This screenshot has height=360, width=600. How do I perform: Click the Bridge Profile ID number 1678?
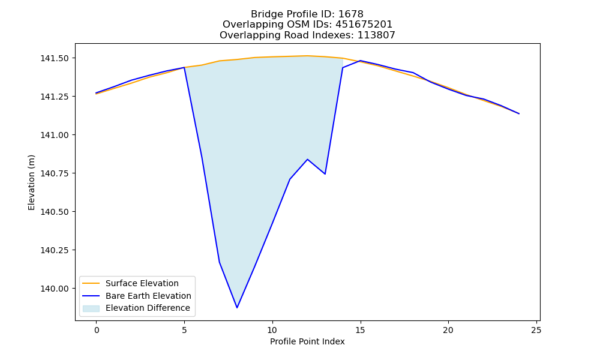(x=351, y=14)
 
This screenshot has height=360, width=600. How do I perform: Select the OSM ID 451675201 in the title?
(x=364, y=25)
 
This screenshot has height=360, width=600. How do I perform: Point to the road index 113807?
(x=376, y=35)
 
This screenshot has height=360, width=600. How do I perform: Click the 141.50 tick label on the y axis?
(x=55, y=58)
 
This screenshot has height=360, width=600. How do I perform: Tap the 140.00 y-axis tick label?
(x=55, y=289)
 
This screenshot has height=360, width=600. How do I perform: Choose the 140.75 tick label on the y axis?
(x=55, y=173)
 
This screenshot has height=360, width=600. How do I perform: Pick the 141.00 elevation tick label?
(x=55, y=135)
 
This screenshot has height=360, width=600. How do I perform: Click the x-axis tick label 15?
(x=360, y=330)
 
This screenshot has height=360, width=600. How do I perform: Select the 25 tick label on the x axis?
(x=536, y=330)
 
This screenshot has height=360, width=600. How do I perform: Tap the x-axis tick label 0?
(x=97, y=330)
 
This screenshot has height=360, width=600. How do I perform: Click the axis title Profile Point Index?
(x=307, y=341)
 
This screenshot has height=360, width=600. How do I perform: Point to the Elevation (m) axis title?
(x=31, y=182)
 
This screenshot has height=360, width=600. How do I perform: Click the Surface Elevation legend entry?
(x=142, y=283)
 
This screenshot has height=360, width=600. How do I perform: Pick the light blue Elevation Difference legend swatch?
(x=91, y=308)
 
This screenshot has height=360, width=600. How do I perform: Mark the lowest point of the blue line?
(x=237, y=308)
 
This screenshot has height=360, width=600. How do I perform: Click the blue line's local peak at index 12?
(x=307, y=159)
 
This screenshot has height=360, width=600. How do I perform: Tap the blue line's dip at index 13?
(x=325, y=174)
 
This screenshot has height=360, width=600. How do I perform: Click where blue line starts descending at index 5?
(x=184, y=67)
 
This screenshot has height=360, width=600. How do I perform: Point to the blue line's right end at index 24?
(x=519, y=113)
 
